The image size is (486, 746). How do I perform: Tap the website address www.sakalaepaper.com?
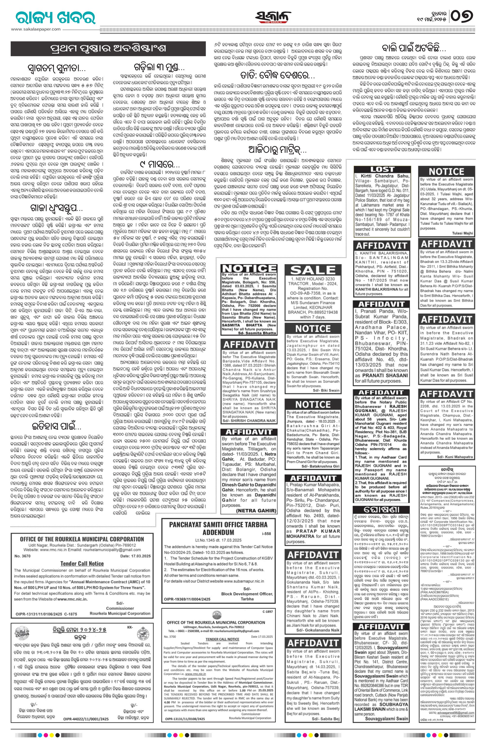[x=36, y=29]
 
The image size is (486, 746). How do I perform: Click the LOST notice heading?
[x=382, y=170]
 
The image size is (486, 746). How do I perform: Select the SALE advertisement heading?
[x=313, y=270]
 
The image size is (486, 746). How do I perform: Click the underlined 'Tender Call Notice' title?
[x=82, y=563]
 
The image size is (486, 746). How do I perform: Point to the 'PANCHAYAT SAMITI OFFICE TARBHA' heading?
[x=218, y=524]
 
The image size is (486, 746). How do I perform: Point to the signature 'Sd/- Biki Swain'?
[x=326, y=391]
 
